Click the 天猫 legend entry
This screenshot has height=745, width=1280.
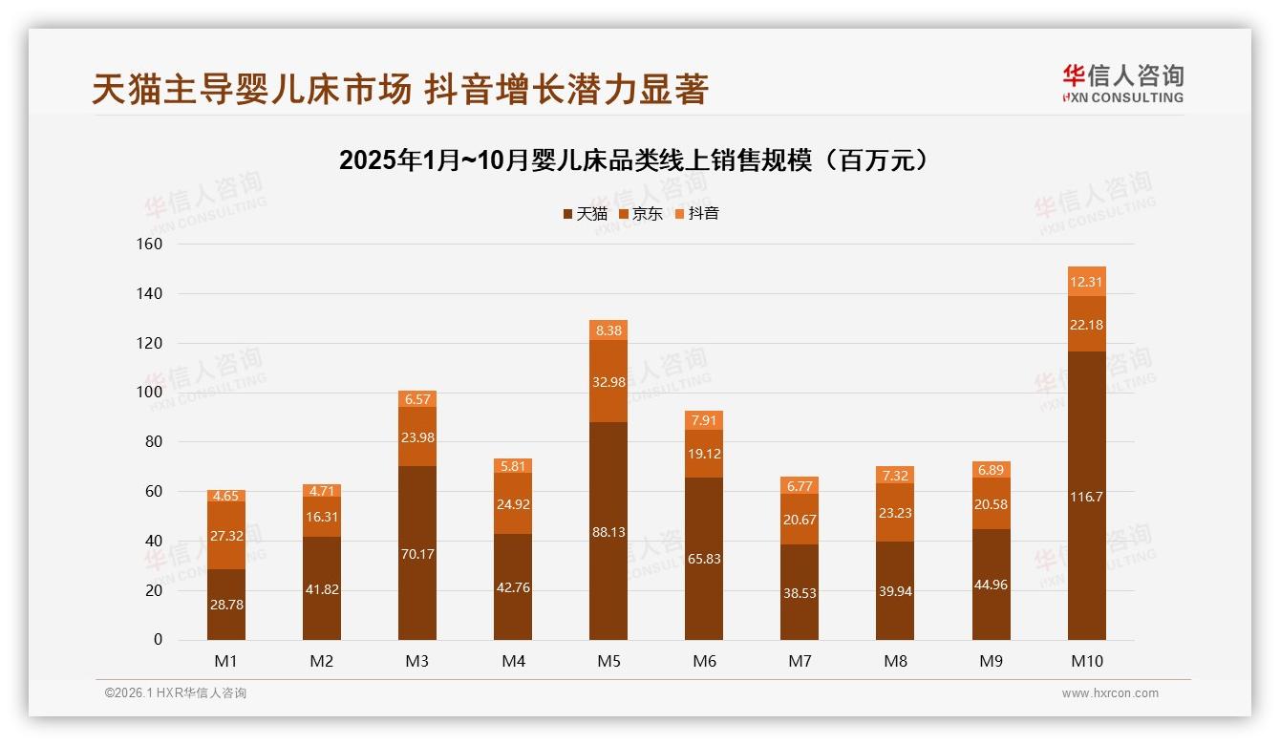585,213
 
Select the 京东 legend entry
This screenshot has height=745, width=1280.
641,213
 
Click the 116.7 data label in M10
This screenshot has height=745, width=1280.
1086,497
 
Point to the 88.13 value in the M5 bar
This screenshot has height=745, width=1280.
608,532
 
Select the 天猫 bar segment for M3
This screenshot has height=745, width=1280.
417,554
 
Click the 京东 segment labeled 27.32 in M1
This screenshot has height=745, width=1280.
226,536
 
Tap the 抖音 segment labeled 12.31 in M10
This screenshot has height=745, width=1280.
1086,282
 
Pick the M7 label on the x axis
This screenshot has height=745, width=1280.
800,661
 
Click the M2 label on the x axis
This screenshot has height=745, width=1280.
322,661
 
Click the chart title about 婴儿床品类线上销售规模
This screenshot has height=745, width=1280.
633,160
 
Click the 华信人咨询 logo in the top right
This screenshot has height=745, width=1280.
1122,83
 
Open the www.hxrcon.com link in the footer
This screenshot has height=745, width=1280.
1110,693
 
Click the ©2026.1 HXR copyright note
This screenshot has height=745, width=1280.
176,693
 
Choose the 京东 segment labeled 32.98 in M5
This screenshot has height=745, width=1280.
608,382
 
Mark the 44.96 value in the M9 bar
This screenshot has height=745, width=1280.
991,585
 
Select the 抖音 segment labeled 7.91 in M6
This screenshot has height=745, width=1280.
704,420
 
